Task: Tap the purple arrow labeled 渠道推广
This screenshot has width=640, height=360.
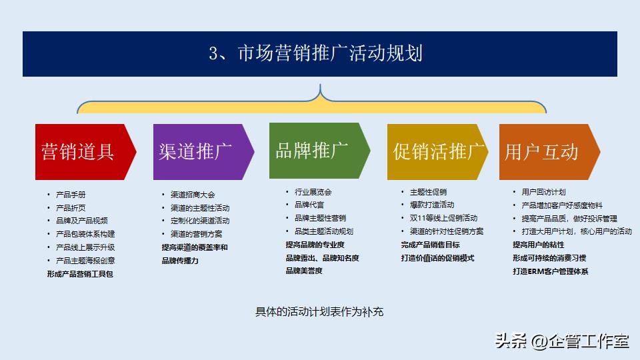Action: click(x=197, y=151)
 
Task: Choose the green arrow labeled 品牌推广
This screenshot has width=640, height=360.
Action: click(x=313, y=150)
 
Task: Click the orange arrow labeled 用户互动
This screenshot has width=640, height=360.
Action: click(x=543, y=151)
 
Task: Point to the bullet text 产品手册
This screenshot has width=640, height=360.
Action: click(x=71, y=195)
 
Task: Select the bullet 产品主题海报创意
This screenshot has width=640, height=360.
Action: click(x=85, y=261)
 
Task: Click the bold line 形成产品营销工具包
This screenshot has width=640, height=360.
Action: click(x=80, y=274)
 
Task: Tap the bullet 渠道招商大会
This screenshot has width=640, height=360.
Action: click(x=193, y=195)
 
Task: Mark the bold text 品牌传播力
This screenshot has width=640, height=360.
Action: click(x=180, y=261)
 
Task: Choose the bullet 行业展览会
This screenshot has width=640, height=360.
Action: click(x=313, y=192)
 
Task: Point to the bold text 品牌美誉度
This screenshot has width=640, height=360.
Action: click(x=304, y=271)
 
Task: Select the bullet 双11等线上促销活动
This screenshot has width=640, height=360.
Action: click(x=443, y=218)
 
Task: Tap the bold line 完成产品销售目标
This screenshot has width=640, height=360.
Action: click(x=431, y=245)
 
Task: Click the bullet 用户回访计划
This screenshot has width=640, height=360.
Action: click(x=543, y=192)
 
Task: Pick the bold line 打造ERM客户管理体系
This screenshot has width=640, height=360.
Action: click(x=551, y=271)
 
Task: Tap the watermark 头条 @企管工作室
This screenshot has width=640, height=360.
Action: click(x=561, y=341)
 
